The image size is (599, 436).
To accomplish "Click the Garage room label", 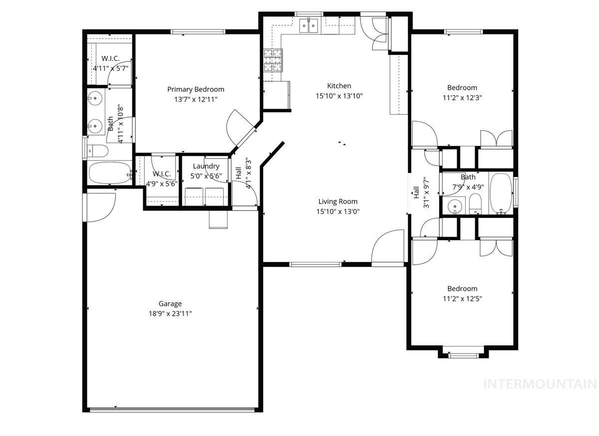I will click(170, 303).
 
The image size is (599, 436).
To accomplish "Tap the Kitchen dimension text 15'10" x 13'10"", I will click(339, 96).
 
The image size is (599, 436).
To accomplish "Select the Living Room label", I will click(338, 202).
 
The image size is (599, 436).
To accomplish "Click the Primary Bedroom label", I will click(196, 89).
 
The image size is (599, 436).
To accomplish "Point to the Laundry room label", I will click(206, 166).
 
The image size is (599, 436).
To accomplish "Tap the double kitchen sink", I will click(309, 25).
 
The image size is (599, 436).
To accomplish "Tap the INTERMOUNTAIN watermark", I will click(541, 384).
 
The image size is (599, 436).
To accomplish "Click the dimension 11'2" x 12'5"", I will click(462, 299).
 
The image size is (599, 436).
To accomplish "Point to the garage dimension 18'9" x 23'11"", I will click(170, 314).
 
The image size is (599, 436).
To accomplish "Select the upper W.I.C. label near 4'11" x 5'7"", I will click(110, 58).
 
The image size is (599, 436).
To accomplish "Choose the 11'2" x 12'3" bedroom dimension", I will click(462, 98).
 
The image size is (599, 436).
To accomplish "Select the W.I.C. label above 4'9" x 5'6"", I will click(162, 174).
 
